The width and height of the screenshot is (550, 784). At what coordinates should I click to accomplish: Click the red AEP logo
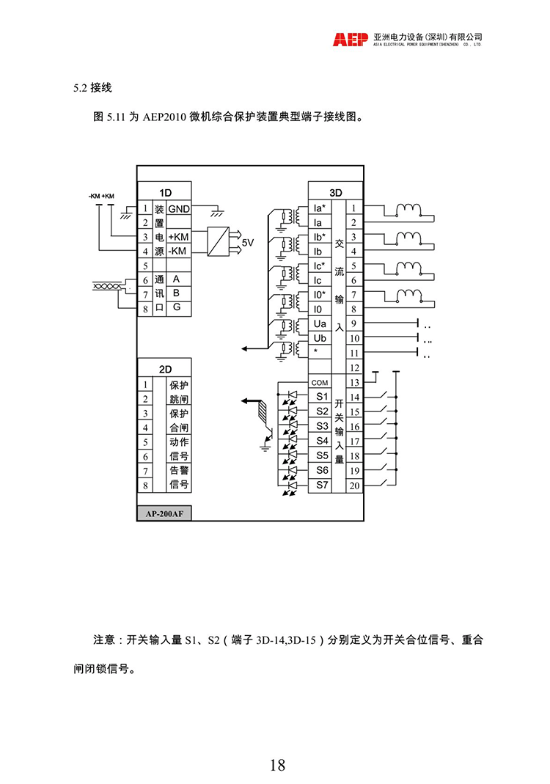pyautogui.click(x=350, y=40)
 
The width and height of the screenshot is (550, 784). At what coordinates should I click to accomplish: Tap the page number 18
pyautogui.click(x=276, y=766)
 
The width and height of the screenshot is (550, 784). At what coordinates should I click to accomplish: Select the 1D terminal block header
pyautogui.click(x=165, y=192)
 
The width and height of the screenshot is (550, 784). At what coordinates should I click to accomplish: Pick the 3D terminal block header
pyautogui.click(x=336, y=192)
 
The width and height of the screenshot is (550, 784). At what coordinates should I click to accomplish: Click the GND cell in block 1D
pyautogui.click(x=179, y=208)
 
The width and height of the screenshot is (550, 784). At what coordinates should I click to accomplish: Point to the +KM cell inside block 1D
pyautogui.click(x=178, y=237)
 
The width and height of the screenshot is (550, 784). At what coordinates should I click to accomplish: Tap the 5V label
pyautogui.click(x=247, y=243)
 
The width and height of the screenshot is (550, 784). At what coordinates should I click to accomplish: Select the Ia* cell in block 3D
pyautogui.click(x=319, y=208)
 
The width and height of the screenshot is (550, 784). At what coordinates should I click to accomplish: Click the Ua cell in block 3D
pyautogui.click(x=319, y=323)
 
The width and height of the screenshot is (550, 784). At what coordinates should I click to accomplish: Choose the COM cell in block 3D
pyautogui.click(x=319, y=383)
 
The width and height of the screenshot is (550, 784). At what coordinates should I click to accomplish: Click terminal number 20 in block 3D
pyautogui.click(x=354, y=485)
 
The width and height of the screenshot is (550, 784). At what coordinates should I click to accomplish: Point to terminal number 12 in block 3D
pyautogui.click(x=354, y=367)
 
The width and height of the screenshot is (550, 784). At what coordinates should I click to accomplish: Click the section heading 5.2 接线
pyautogui.click(x=92, y=89)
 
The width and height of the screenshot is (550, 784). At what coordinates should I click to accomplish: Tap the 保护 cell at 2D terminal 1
pyautogui.click(x=179, y=384)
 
